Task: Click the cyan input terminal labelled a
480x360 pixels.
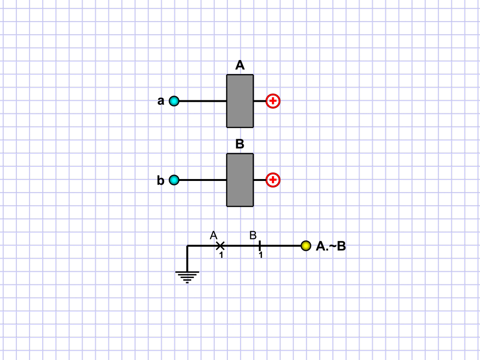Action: pos(174,101)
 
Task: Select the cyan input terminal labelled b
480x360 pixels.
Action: pos(174,180)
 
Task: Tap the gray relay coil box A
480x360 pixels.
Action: pos(240,101)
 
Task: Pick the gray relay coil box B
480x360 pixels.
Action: pos(240,180)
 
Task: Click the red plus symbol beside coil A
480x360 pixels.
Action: pos(273,101)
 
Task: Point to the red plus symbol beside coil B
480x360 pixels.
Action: pos(273,180)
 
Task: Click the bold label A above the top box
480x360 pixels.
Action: pos(240,66)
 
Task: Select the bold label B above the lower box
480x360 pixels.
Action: pos(240,144)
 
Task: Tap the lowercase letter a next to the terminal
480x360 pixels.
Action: pos(161,101)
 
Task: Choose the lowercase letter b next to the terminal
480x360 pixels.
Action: pos(161,180)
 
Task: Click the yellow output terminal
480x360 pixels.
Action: pos(306,246)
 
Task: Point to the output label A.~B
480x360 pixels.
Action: pos(331,246)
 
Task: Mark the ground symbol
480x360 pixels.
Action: pos(187,277)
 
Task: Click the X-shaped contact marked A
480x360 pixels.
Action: pos(220,245)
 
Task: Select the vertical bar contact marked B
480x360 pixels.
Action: pos(260,245)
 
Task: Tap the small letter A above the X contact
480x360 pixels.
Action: pos(214,235)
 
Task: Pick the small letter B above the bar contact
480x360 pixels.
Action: pos(253,235)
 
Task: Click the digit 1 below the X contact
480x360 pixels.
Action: pos(221,255)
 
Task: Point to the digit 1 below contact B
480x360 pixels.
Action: pos(261,255)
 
